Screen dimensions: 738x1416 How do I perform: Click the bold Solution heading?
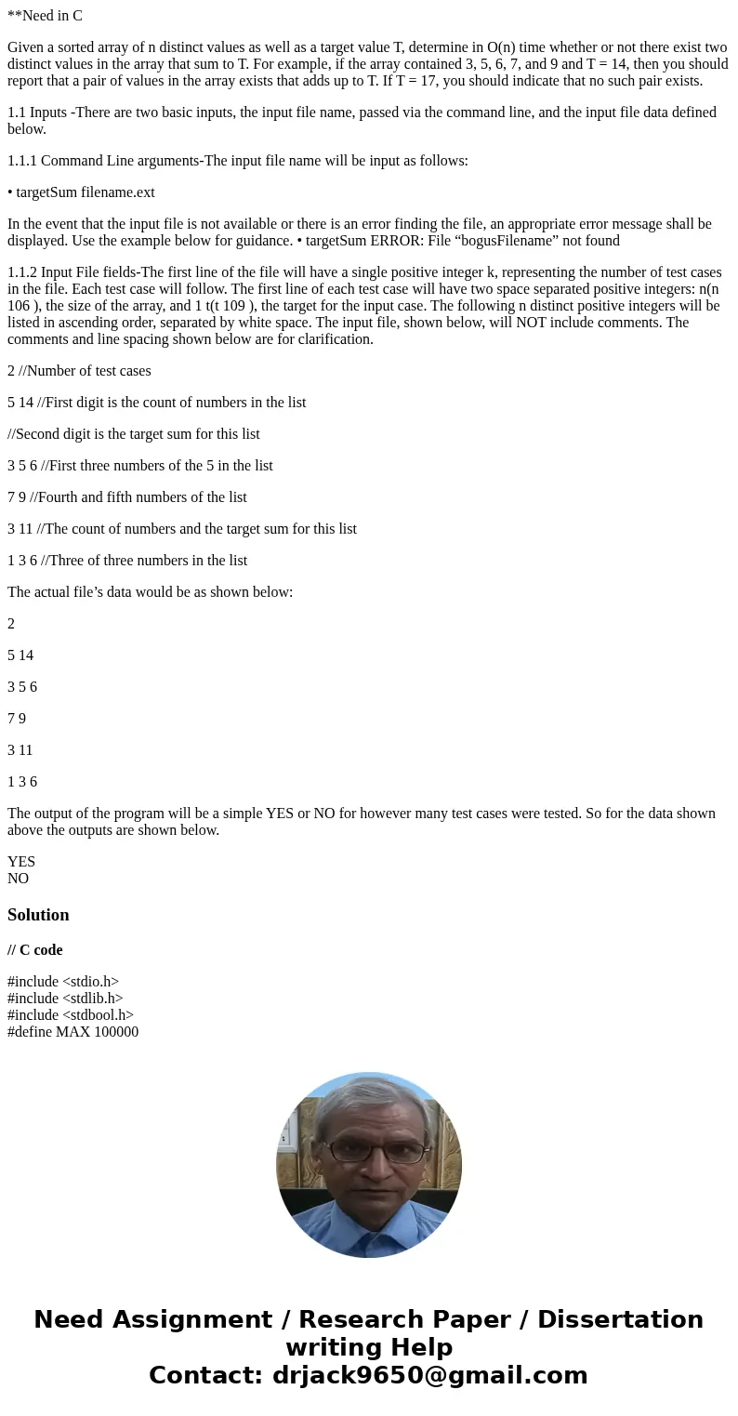click(x=38, y=915)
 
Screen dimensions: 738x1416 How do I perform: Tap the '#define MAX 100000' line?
click(x=72, y=1032)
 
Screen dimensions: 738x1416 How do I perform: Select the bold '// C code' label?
click(x=35, y=950)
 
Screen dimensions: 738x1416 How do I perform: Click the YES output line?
click(x=21, y=862)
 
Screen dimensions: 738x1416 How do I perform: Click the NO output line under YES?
click(x=19, y=879)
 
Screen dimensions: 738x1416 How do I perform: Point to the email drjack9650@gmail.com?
click(x=429, y=1376)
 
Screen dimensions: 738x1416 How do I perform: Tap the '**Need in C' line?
click(x=45, y=16)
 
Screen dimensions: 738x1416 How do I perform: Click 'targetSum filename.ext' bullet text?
click(x=86, y=192)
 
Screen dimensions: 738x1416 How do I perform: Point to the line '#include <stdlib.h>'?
click(x=65, y=999)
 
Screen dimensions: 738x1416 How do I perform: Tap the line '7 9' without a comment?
click(x=17, y=719)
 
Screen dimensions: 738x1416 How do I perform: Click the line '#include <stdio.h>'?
click(x=63, y=982)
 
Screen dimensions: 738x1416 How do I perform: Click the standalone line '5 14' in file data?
click(x=20, y=655)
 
